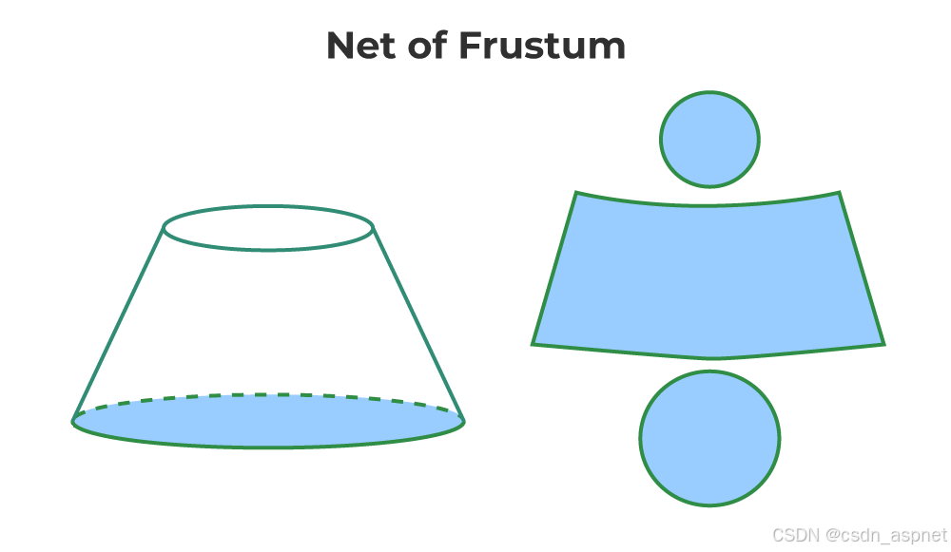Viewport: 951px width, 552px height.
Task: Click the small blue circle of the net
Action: coord(709,140)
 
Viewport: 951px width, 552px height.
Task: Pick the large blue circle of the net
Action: coord(709,438)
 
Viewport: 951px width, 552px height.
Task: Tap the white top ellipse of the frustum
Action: coord(268,228)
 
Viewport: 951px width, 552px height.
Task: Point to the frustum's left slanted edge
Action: coord(119,323)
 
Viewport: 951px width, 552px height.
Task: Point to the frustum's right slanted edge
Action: coord(418,323)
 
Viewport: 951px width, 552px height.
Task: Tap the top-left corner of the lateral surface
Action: coord(576,193)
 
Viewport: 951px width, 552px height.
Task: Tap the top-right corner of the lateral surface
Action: coord(839,193)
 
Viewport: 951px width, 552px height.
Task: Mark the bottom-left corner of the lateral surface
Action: coord(533,343)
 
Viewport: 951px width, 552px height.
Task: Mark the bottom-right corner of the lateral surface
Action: coord(884,344)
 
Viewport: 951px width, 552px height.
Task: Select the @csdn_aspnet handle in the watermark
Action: coord(885,535)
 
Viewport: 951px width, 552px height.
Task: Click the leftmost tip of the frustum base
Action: coord(74,421)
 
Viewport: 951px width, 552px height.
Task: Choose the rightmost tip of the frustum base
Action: coord(463,421)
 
